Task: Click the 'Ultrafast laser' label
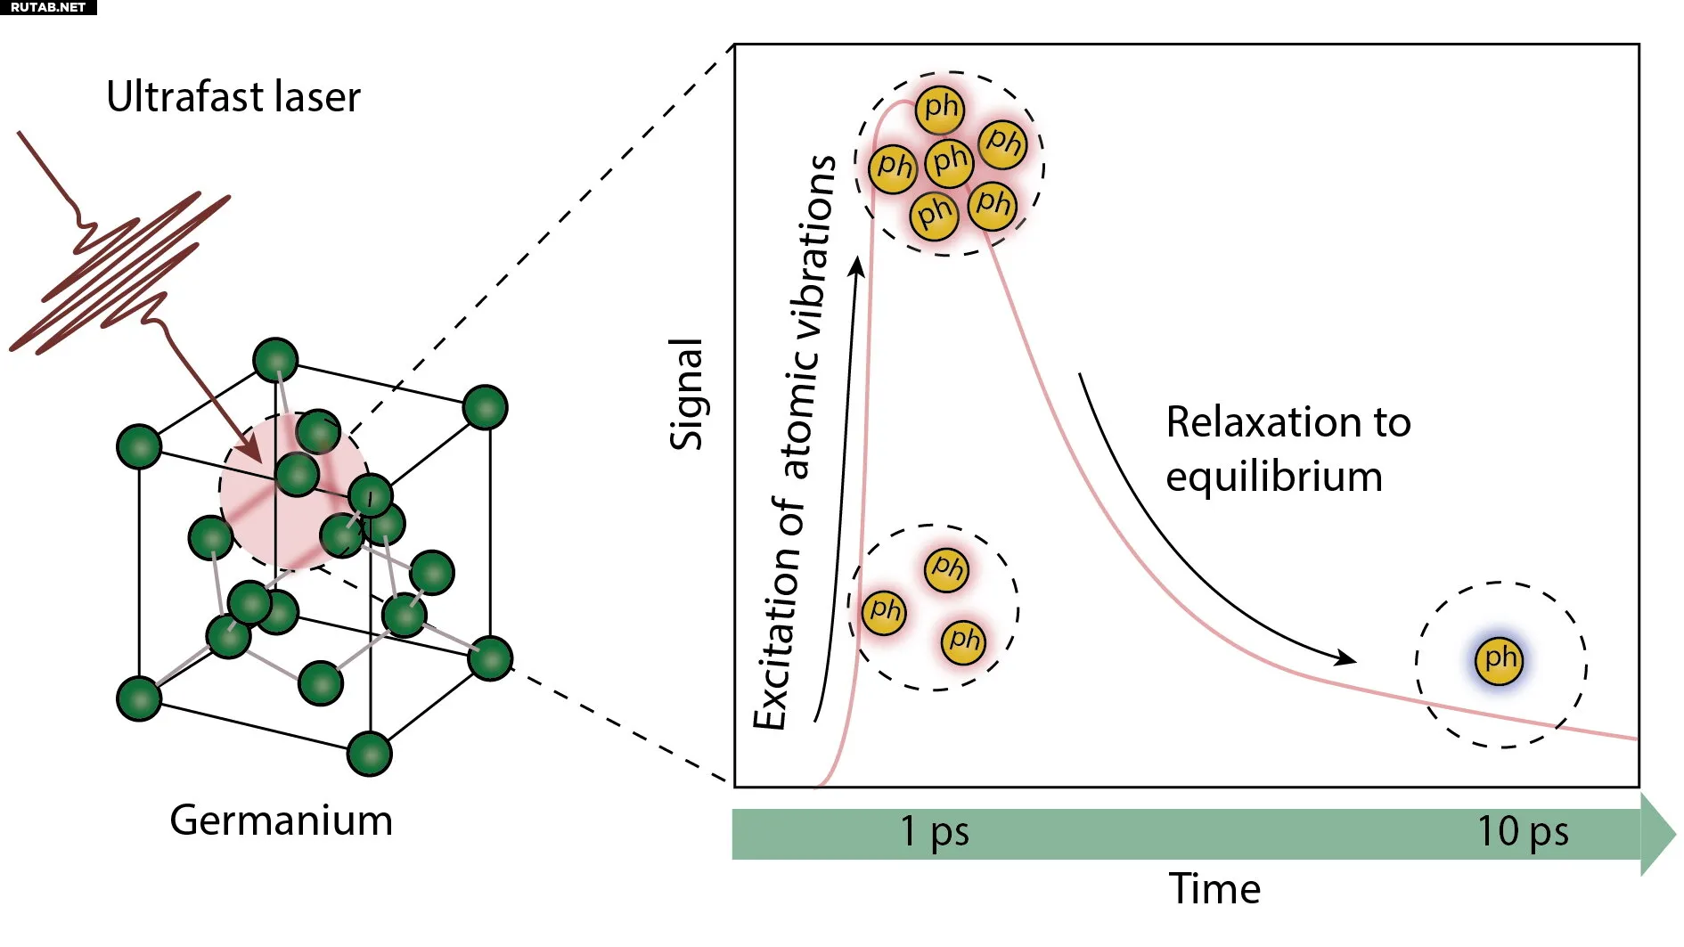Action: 233,97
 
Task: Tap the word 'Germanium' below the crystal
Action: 281,820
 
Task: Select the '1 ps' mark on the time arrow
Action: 934,831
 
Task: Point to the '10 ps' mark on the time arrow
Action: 1523,831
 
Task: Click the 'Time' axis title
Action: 1214,889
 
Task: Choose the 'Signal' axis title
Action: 686,394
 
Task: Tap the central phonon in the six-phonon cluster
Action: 949,162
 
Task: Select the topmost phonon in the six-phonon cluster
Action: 940,109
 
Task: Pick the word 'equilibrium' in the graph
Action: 1274,477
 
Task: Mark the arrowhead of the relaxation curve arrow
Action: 1347,660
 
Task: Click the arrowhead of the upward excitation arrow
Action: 857,265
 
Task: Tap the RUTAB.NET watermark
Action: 48,7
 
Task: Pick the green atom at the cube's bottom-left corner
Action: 139,698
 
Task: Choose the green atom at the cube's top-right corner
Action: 486,407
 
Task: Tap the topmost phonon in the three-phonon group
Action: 946,568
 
